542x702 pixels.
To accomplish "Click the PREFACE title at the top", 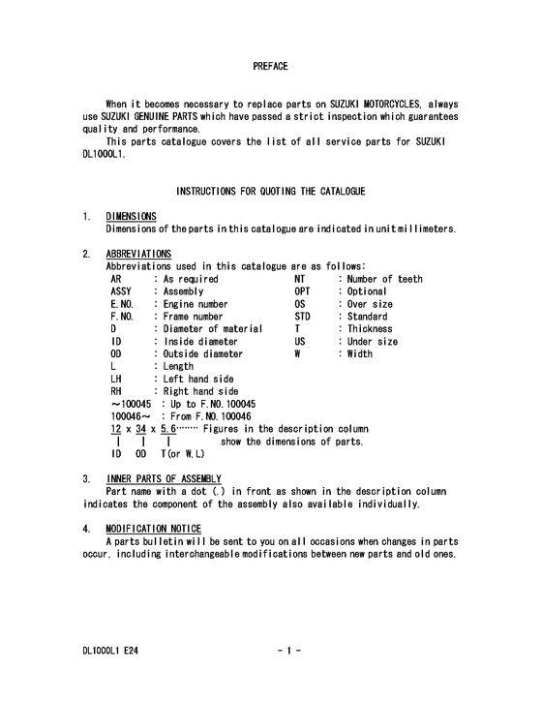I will tap(270, 67).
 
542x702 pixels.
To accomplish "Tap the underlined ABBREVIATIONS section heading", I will tap(137, 254).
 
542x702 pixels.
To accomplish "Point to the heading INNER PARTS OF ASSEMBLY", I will tap(164, 478).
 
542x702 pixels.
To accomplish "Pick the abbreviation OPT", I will tap(302, 291).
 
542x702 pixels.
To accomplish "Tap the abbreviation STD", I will tap(302, 317).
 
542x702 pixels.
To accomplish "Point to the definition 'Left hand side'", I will tap(197, 380).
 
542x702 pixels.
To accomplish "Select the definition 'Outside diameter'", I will tap(203, 354).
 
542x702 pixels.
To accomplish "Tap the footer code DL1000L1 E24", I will tap(109, 652).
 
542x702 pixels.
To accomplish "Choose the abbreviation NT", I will tap(299, 279).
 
